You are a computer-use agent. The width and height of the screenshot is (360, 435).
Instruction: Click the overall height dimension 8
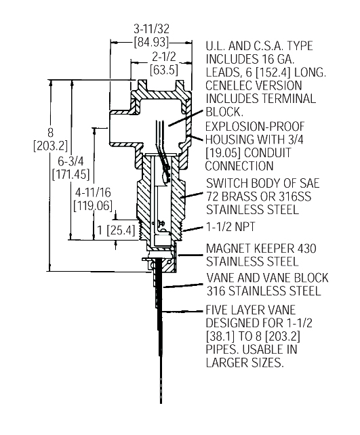(27, 133)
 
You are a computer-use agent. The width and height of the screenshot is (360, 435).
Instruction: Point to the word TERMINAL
(289, 99)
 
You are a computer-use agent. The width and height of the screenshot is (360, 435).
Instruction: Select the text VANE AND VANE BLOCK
(267, 278)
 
